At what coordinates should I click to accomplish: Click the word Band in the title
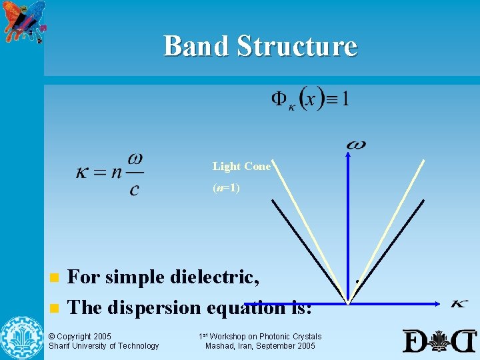click(x=195, y=46)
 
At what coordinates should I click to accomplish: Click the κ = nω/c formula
click(x=110, y=174)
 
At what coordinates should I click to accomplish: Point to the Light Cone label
click(x=241, y=167)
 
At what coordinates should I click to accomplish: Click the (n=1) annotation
click(x=226, y=188)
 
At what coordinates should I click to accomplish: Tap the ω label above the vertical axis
click(x=356, y=144)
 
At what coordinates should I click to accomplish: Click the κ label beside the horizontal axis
click(x=459, y=304)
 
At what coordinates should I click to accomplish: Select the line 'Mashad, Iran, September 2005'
click(x=260, y=345)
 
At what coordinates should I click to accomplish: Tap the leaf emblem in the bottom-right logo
click(x=439, y=341)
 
